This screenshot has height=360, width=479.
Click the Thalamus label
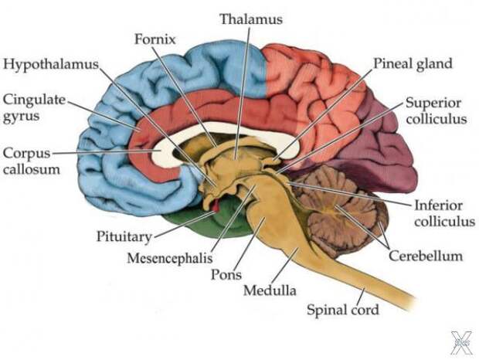251,19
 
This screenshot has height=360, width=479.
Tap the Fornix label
155,39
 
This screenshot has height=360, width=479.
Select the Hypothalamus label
51,65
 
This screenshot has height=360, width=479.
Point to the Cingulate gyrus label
34,108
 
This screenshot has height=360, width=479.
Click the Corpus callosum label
31,161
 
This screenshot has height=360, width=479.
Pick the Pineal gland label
413,64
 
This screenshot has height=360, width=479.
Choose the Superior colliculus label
437,110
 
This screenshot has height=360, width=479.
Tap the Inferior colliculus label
444,213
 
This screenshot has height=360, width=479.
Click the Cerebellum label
426,256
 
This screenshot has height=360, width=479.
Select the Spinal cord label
343,310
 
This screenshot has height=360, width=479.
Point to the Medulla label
270,290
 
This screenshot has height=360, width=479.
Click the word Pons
226,274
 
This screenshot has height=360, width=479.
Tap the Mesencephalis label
170,258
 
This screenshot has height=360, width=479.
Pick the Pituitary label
124,236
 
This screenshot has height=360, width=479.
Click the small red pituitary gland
216,205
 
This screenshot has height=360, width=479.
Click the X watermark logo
462,343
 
